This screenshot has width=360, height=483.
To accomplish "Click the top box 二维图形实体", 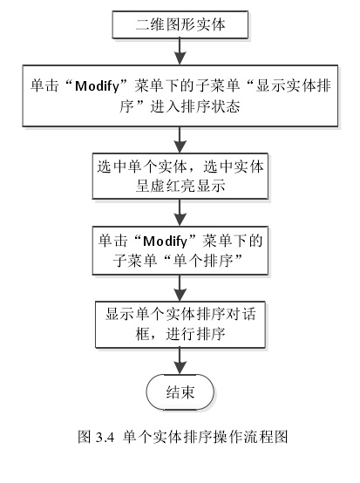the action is coord(180,24).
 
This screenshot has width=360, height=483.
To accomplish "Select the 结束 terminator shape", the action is coord(180,392).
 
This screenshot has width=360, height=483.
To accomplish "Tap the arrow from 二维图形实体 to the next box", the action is coord(180,51).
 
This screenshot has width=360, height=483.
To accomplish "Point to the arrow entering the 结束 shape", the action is coord(180,361).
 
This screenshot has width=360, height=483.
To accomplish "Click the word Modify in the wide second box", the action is coord(97,86).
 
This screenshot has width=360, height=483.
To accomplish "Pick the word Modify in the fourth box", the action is coord(165,241).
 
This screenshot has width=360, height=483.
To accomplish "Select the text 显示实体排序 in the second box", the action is coord(293,86).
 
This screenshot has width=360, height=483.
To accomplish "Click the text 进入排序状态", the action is coord(195,106).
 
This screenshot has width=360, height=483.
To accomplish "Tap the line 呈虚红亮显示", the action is coord(180,186).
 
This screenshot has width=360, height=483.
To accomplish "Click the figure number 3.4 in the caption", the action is coord(105,437).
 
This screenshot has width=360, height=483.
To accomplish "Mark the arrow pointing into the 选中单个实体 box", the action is coord(180,139).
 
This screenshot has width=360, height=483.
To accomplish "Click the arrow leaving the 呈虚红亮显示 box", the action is coord(180,213).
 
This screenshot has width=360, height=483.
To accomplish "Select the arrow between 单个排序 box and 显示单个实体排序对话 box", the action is coord(180,288).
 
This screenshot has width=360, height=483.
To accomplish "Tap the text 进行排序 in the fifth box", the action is coord(195,334).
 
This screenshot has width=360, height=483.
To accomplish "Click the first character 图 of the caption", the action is coord(85,437).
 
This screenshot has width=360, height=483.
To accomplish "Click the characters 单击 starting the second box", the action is coord(44,86).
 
